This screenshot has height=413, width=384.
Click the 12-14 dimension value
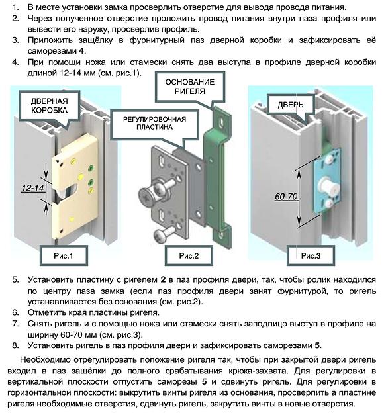click(30, 189)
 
